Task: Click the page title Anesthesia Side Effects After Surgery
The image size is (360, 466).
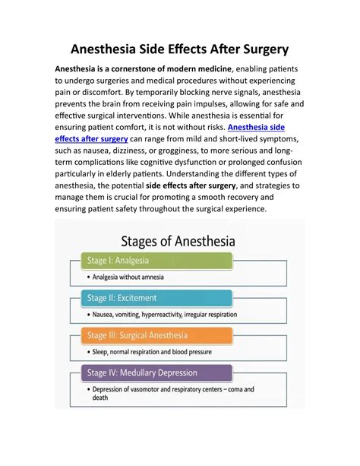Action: click(180, 49)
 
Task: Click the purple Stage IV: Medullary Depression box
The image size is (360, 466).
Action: click(156, 372)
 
